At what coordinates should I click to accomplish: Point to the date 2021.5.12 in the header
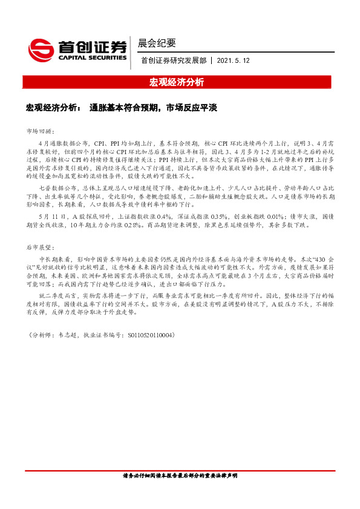click(x=233, y=60)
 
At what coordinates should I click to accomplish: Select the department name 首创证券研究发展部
click(x=174, y=60)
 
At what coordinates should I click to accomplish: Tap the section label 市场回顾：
click(x=41, y=131)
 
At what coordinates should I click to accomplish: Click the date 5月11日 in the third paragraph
click(x=51, y=217)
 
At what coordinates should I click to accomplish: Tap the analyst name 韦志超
click(x=73, y=334)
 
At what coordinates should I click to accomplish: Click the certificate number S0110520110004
click(x=148, y=334)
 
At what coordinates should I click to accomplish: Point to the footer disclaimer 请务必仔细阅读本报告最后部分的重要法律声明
click(x=180, y=476)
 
